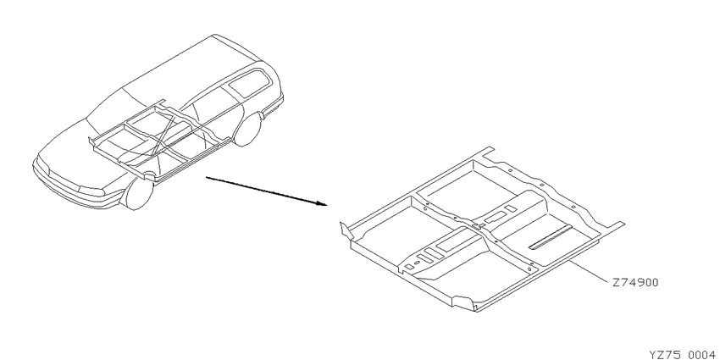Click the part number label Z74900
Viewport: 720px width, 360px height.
[x=635, y=282]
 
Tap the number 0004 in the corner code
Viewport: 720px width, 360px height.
[x=702, y=354]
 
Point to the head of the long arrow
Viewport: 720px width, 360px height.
[x=325, y=205]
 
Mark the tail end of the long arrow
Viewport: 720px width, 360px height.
[x=206, y=177]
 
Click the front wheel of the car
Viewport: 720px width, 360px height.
[x=137, y=193]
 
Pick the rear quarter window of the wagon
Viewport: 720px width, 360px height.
[x=246, y=83]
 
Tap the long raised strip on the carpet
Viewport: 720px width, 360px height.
[x=551, y=237]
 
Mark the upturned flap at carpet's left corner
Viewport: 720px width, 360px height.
[x=346, y=230]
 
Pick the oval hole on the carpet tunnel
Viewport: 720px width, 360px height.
[x=417, y=263]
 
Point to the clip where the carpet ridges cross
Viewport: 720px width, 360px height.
[x=477, y=226]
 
